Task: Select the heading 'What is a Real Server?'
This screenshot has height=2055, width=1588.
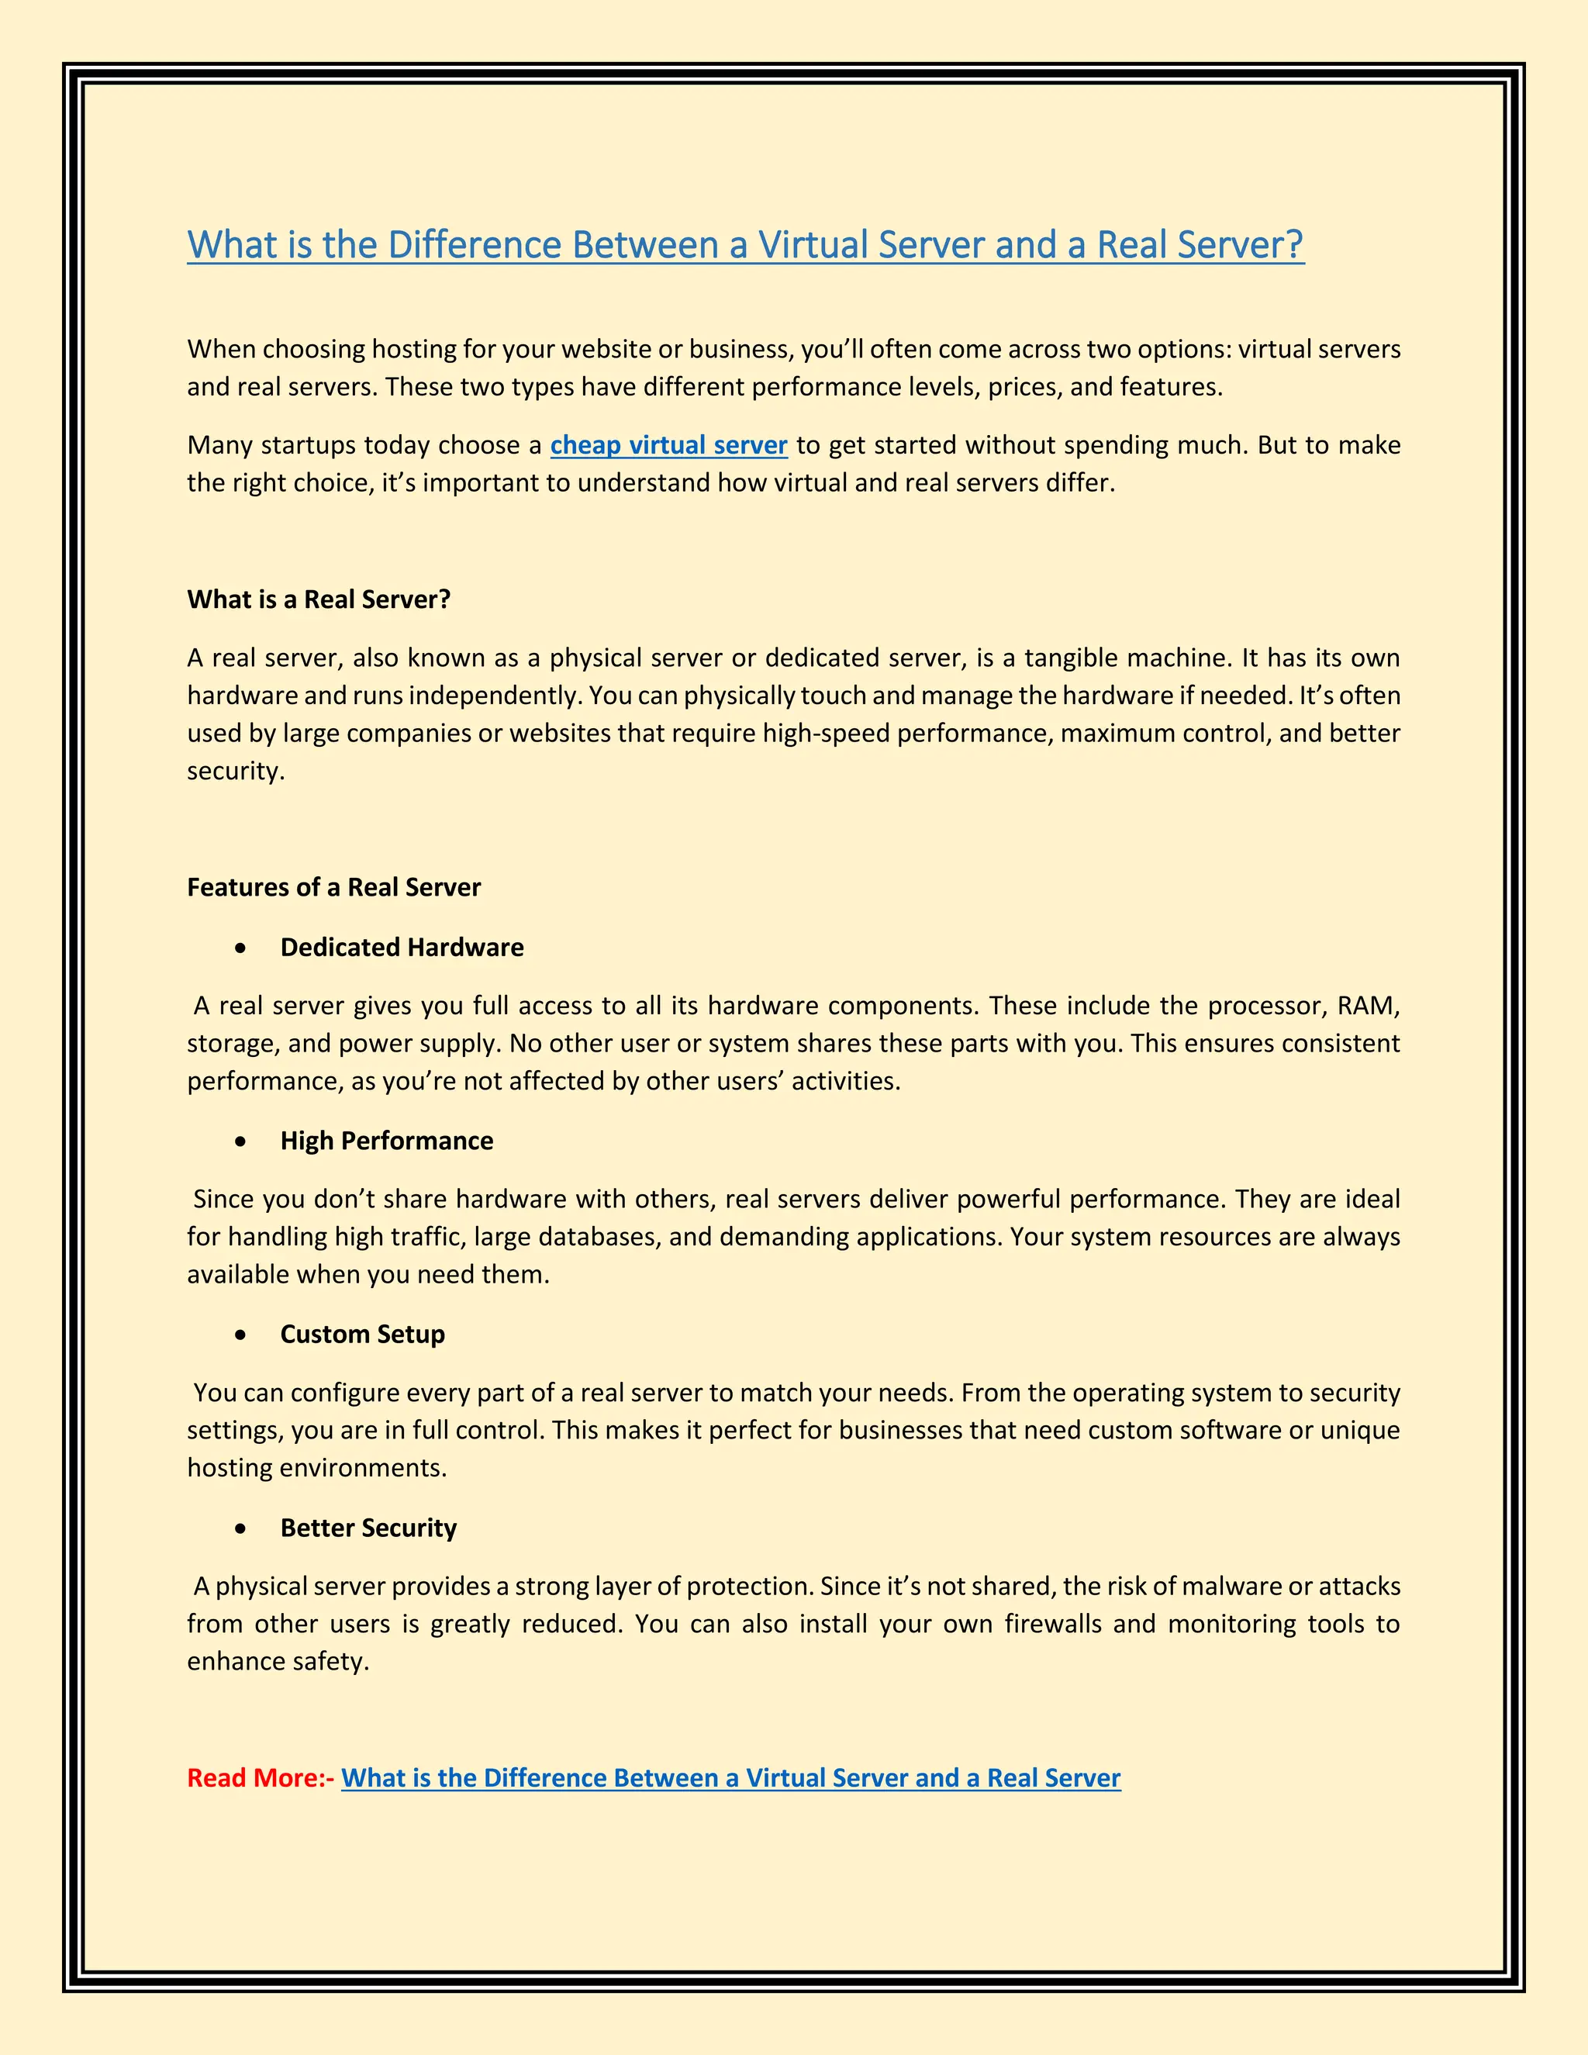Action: click(319, 599)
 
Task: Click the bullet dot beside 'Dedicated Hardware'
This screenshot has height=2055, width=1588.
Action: click(243, 948)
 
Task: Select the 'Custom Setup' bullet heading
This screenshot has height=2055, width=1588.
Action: click(362, 1335)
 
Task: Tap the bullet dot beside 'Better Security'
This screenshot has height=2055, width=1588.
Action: click(243, 1529)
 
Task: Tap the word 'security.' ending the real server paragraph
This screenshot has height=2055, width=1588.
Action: click(235, 772)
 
